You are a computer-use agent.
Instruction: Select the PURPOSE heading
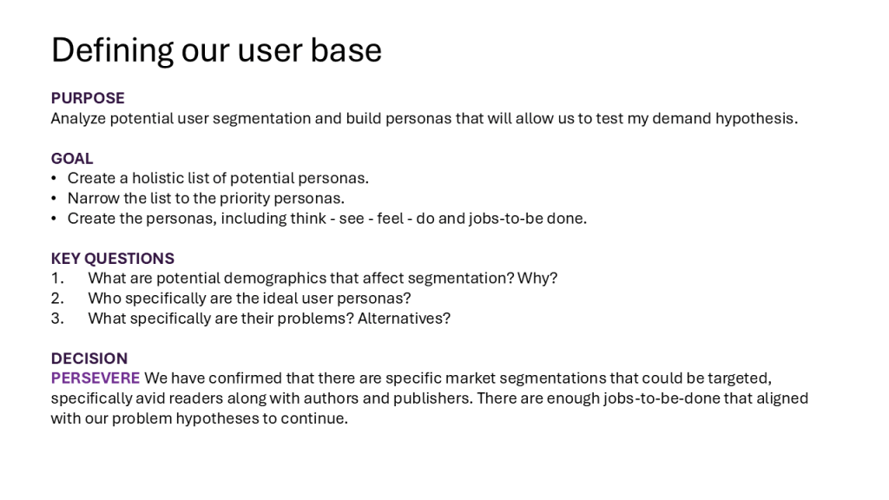(88, 98)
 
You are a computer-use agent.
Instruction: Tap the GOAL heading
(72, 158)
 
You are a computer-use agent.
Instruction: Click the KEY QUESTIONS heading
(113, 259)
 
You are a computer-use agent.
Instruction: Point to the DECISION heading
(89, 359)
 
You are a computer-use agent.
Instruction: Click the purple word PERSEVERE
(95, 378)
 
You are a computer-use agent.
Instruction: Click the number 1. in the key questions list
(57, 279)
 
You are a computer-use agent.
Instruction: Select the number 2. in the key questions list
(57, 299)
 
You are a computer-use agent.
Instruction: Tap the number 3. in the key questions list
(57, 319)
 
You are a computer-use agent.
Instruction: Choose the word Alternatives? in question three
(404, 319)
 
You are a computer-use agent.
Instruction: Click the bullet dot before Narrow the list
(54, 199)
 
